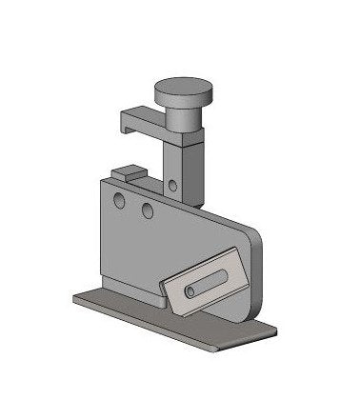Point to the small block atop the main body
point(127,174)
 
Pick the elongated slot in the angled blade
point(207,282)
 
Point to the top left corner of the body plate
point(101,180)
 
